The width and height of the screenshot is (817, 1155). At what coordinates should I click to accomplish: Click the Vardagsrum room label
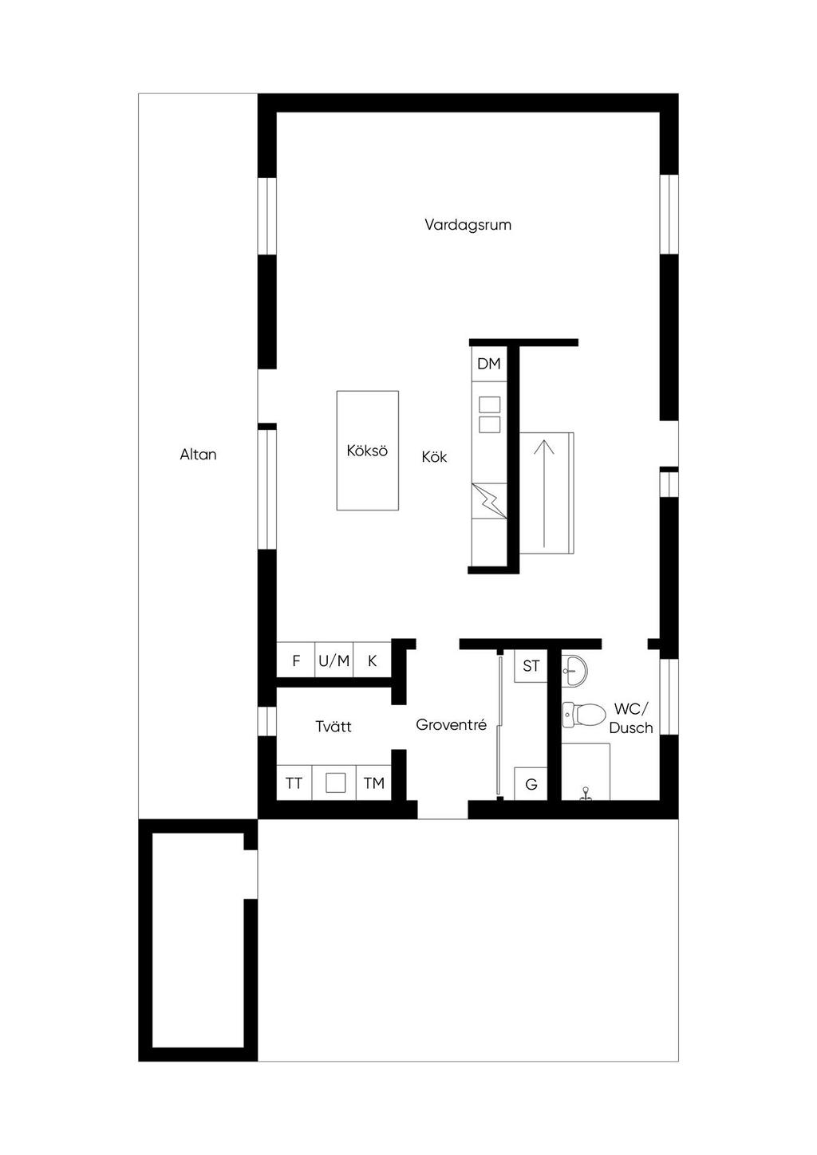[468, 225]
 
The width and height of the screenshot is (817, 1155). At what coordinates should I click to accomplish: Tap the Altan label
[198, 455]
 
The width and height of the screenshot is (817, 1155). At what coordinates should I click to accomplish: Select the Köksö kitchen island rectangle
[367, 450]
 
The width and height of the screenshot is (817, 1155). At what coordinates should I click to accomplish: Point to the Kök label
[434, 457]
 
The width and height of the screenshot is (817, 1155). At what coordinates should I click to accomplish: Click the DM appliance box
[489, 364]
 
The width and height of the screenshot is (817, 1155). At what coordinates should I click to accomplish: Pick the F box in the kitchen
[296, 660]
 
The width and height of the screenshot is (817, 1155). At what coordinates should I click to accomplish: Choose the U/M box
[334, 660]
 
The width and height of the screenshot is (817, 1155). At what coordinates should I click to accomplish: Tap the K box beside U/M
[373, 660]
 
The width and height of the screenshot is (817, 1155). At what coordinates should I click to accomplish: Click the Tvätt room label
[334, 727]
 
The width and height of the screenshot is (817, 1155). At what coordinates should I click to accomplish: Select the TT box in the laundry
[294, 783]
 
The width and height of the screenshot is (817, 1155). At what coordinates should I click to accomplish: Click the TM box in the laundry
[374, 783]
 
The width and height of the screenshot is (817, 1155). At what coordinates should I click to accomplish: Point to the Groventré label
[452, 725]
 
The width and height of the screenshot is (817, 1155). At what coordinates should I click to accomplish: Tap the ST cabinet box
[531, 666]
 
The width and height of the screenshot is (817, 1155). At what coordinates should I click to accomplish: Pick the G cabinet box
[531, 784]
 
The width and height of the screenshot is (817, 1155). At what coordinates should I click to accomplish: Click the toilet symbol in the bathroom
[583, 715]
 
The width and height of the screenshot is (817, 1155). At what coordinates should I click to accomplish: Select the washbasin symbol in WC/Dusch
[574, 671]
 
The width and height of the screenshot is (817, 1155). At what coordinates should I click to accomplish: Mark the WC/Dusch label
[631, 718]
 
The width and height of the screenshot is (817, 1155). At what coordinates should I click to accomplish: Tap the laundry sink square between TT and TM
[335, 783]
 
